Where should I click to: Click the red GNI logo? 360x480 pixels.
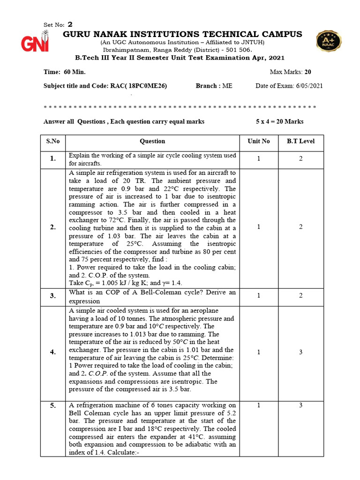click(x=34, y=42)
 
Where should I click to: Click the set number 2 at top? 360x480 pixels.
click(x=70, y=24)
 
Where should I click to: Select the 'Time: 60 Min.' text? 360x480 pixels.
click(x=65, y=72)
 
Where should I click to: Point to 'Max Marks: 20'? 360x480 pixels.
click(x=290, y=72)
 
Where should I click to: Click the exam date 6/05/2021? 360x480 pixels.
click(x=307, y=86)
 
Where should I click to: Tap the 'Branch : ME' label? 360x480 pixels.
click(x=213, y=86)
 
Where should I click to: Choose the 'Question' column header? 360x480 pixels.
click(x=152, y=141)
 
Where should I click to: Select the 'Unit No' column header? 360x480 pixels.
click(x=259, y=141)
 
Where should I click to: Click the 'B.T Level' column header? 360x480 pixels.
click(x=300, y=141)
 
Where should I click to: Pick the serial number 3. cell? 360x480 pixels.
click(x=53, y=296)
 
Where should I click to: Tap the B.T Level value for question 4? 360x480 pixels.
click(x=301, y=352)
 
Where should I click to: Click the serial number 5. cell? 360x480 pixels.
click(x=53, y=405)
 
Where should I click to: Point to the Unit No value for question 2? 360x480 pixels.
click(x=259, y=227)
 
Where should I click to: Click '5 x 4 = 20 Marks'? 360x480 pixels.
click(x=279, y=121)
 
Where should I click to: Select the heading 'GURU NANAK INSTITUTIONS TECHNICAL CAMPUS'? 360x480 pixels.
click(x=182, y=34)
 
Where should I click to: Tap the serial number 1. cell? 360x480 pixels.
click(x=53, y=159)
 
